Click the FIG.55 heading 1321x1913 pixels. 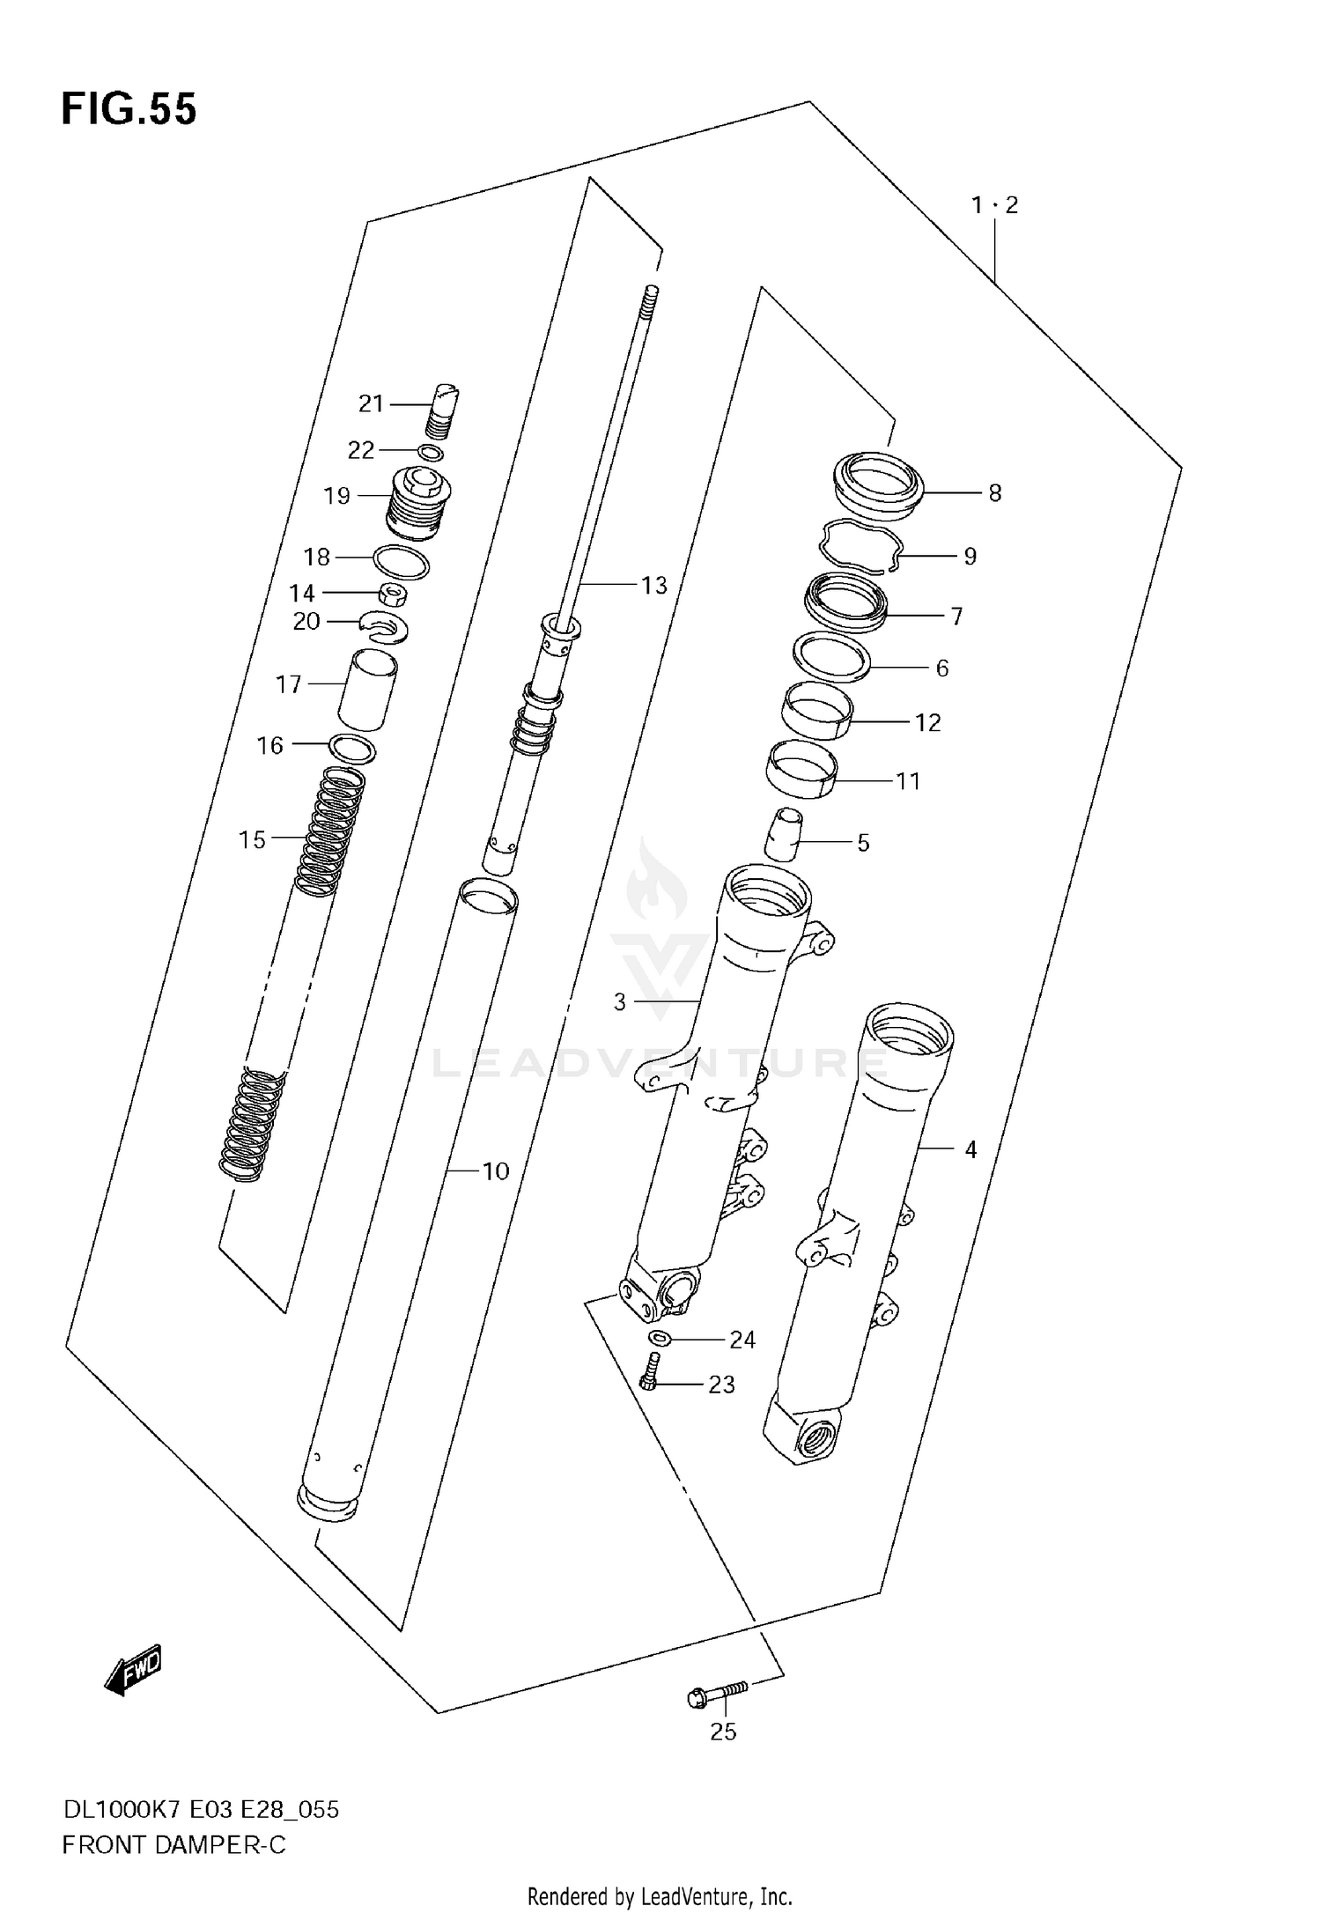(x=129, y=110)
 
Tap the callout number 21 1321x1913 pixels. (x=371, y=404)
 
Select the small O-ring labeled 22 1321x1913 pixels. (x=431, y=454)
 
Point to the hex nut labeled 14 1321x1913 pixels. (x=394, y=595)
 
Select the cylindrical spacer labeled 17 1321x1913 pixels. (x=368, y=690)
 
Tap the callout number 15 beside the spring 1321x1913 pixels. (x=252, y=840)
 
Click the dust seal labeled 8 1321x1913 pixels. (x=878, y=484)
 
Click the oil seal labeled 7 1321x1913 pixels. (x=846, y=603)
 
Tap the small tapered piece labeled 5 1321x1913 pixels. (x=782, y=834)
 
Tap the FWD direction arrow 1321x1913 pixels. (x=133, y=1669)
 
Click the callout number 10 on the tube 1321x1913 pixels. (x=496, y=1171)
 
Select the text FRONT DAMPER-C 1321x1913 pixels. (x=173, y=1845)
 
